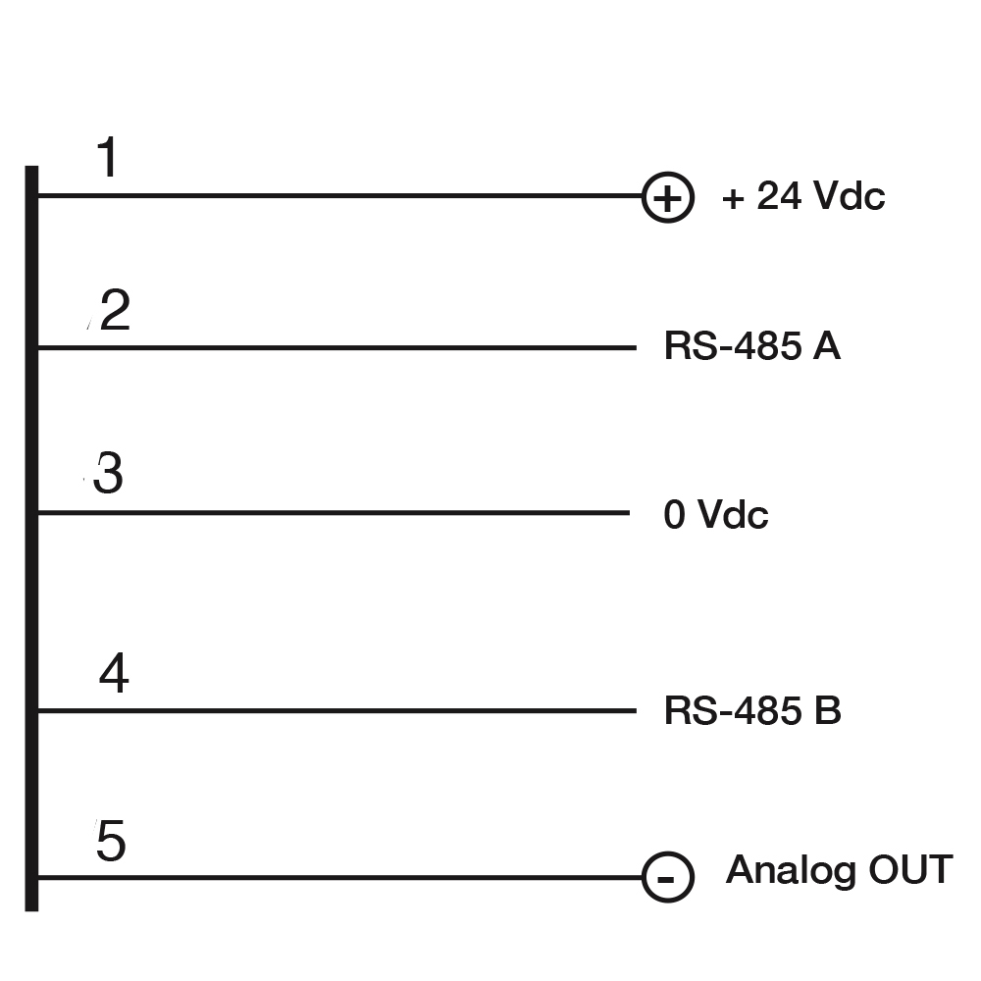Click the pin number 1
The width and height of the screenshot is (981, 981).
click(108, 157)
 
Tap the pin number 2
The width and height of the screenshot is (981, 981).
click(115, 309)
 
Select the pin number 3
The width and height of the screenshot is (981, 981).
click(108, 473)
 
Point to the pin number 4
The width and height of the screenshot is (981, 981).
click(114, 673)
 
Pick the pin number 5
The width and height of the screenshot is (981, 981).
click(111, 841)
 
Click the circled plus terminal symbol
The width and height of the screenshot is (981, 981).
click(667, 197)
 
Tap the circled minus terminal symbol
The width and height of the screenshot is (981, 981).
click(667, 877)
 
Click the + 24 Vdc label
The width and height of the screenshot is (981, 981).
click(803, 196)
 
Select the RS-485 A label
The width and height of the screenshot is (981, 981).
click(752, 345)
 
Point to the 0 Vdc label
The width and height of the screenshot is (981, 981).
click(716, 514)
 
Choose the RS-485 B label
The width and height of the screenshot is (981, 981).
click(752, 710)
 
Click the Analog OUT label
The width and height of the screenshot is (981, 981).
click(839, 870)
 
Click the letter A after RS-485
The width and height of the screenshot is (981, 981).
click(826, 345)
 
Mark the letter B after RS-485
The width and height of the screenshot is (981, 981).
click(828, 710)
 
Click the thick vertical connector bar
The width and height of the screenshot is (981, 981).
click(31, 538)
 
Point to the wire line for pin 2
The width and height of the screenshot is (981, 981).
click(337, 347)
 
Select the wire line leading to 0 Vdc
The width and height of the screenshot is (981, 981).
click(335, 513)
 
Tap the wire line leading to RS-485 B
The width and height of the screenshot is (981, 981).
click(337, 710)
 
